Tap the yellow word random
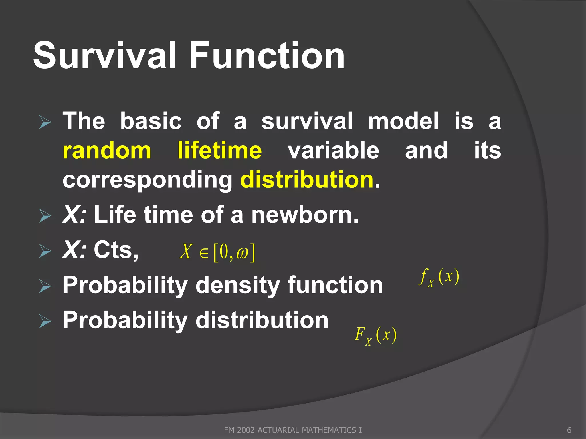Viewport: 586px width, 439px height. (x=107, y=151)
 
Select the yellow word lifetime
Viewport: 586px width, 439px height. (x=219, y=151)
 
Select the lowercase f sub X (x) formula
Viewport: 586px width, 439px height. (x=439, y=277)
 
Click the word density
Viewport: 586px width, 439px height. (x=237, y=285)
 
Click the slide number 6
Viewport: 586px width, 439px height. (x=569, y=430)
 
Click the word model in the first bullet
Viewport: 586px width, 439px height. (x=403, y=121)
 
